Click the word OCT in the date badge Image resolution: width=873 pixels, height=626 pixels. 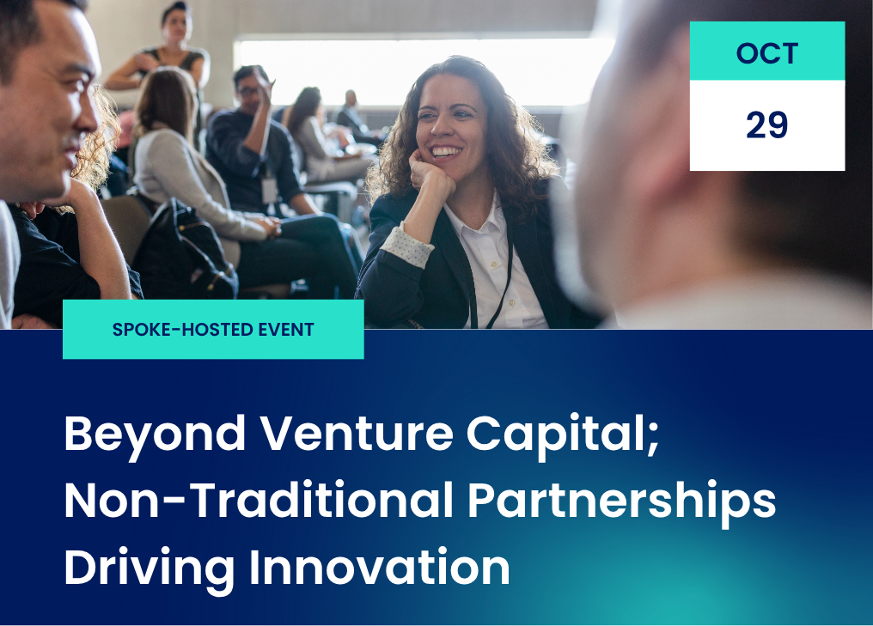tap(766, 53)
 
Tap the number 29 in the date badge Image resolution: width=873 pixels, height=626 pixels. tap(766, 125)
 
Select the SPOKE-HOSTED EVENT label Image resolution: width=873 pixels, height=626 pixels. tap(213, 329)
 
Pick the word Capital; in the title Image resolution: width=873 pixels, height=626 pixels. tap(563, 435)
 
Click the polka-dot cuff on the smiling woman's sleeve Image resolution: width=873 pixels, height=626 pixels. tap(406, 243)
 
